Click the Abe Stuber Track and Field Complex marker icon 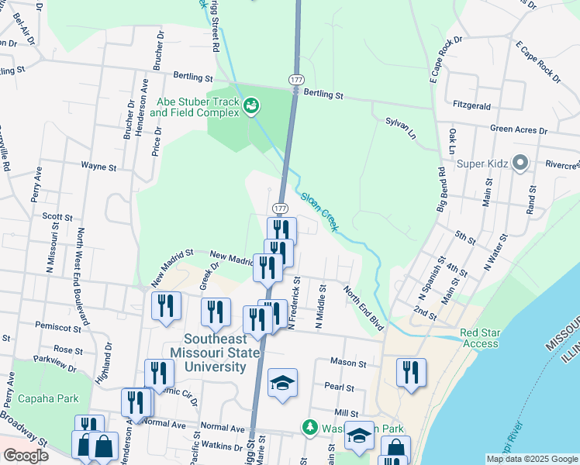tap(251, 105)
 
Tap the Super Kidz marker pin tap(520, 163)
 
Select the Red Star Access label tap(481, 338)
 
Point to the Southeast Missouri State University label tap(215, 353)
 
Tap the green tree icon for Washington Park tap(309, 427)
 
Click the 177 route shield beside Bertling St tap(296, 81)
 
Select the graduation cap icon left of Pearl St tap(282, 382)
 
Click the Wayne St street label tap(98, 166)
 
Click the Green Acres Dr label tap(519, 130)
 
